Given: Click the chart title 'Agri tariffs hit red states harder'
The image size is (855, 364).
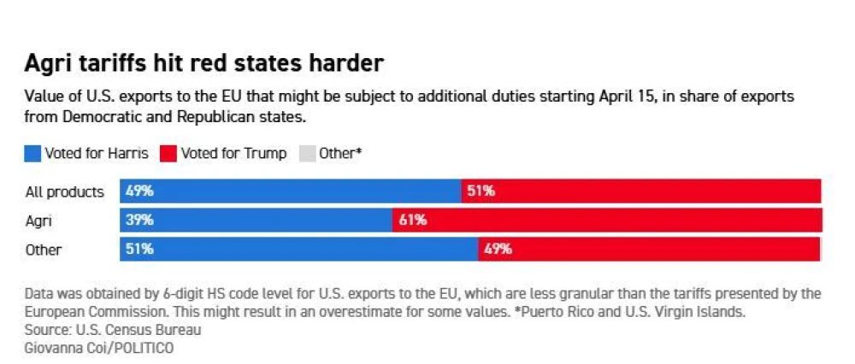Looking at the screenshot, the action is (204, 64).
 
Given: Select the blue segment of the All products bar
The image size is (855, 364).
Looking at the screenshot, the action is (291, 191).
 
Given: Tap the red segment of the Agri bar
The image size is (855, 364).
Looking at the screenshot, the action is (607, 220).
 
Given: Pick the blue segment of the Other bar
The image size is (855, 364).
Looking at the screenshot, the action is (299, 249).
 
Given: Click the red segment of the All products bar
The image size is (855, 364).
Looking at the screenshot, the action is (641, 191).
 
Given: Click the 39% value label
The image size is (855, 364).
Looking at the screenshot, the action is (139, 220).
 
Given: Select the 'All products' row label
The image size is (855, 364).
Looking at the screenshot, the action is (64, 192).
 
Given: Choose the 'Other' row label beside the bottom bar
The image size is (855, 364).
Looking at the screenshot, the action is (43, 250).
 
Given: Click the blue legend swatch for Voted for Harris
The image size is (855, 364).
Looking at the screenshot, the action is (32, 154).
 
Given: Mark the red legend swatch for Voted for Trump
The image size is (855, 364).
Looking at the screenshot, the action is (168, 154).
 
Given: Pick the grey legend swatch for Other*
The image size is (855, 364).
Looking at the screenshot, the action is (308, 154).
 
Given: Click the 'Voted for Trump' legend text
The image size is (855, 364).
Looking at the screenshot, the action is (234, 154).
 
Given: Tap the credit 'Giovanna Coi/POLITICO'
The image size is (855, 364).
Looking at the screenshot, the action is (99, 348).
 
